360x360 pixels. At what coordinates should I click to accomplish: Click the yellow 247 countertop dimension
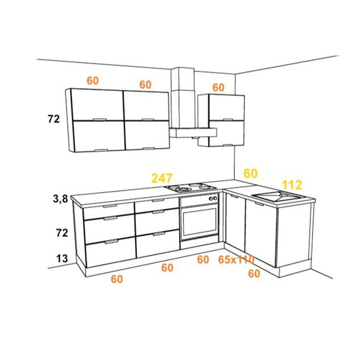click(x=162, y=178)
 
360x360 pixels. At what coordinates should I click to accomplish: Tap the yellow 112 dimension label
click(x=292, y=185)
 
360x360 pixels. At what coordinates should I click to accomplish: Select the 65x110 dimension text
click(x=236, y=259)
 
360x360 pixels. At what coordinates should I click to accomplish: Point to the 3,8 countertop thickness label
click(x=60, y=199)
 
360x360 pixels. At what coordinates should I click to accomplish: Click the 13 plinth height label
click(x=62, y=258)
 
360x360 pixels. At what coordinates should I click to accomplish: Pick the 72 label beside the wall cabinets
click(x=54, y=119)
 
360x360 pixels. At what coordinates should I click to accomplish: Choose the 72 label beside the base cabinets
click(x=62, y=233)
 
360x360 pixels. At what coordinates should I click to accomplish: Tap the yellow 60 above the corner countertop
click(x=251, y=174)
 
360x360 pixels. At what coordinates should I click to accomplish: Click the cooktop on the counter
click(x=191, y=187)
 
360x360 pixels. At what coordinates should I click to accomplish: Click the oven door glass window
click(x=199, y=221)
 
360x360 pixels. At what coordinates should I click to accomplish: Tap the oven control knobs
click(x=213, y=198)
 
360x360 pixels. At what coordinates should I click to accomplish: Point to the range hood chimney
click(x=183, y=98)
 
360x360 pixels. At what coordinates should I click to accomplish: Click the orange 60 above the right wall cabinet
click(x=218, y=87)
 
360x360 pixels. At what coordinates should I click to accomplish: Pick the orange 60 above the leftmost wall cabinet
click(x=92, y=80)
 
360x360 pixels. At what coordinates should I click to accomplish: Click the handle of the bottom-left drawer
click(x=111, y=242)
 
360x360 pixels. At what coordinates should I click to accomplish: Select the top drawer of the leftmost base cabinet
click(x=109, y=210)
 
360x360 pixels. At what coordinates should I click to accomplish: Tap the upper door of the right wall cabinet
click(x=227, y=108)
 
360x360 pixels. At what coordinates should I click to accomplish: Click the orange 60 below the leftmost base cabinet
click(x=117, y=279)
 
